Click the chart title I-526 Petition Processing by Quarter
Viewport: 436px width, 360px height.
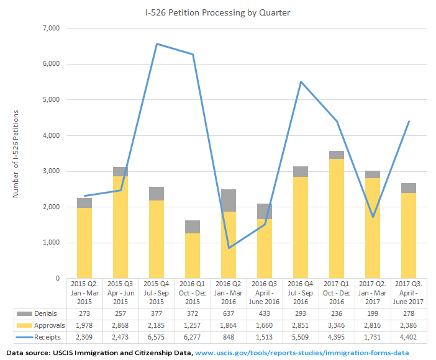point(217,13)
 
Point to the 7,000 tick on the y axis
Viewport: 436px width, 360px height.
point(50,29)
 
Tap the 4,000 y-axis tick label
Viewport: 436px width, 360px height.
point(50,136)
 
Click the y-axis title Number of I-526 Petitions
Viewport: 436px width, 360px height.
point(16,154)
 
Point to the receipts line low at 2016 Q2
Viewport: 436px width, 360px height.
point(229,248)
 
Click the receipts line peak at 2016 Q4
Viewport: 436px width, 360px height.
point(301,81)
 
